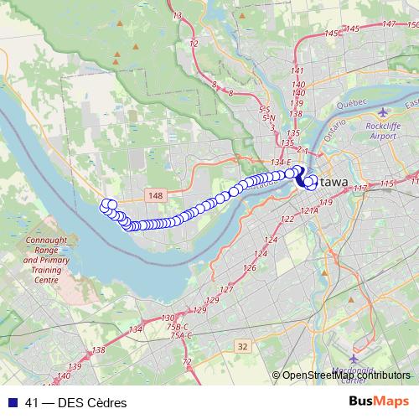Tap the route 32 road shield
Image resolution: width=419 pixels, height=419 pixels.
click(x=243, y=345)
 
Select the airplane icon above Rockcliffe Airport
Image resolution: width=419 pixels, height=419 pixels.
click(x=384, y=111)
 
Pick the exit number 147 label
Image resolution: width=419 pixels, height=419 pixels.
click(x=388, y=25)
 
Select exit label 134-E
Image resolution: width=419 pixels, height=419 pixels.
click(x=281, y=162)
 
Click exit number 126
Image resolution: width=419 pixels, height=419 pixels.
click(x=249, y=268)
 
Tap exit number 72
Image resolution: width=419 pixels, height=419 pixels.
click(x=187, y=361)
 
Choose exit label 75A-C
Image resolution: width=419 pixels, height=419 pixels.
click(x=178, y=335)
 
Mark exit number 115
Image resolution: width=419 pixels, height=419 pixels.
click(x=385, y=184)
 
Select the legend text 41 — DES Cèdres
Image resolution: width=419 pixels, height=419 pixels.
click(x=75, y=403)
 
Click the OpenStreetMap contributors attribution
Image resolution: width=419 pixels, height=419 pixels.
click(x=346, y=375)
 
